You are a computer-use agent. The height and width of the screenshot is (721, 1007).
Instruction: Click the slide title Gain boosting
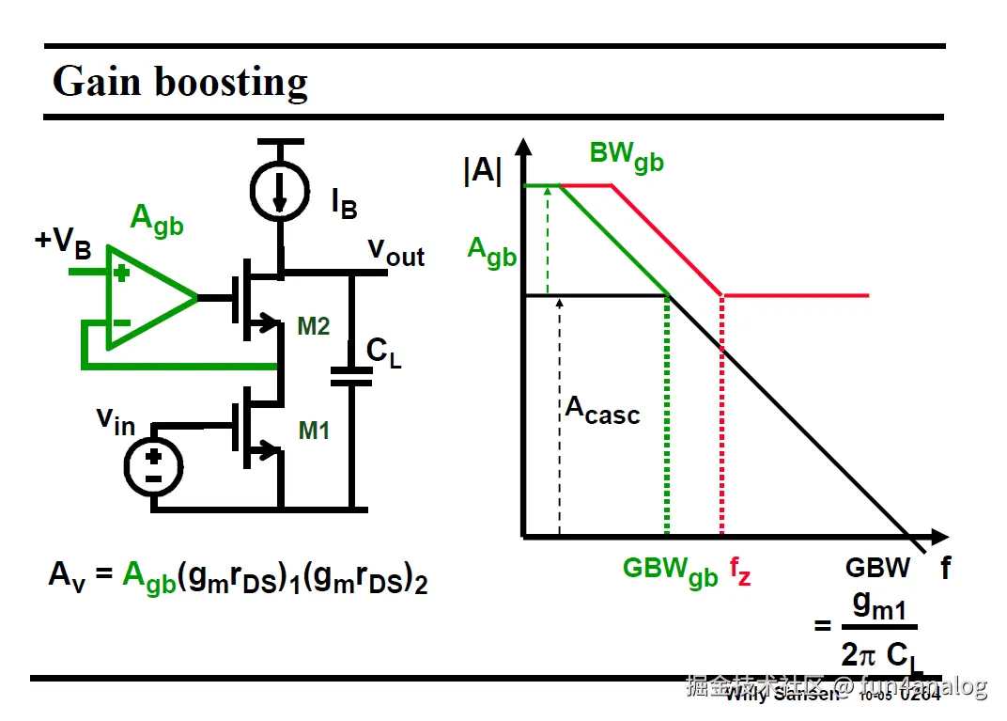(x=179, y=82)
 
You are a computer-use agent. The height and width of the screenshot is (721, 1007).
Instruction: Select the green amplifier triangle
(x=146, y=298)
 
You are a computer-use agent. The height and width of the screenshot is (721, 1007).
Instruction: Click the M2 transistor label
(x=314, y=326)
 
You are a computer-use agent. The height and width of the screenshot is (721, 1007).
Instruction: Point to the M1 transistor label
(x=314, y=431)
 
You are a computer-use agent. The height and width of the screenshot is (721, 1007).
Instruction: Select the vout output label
(x=395, y=251)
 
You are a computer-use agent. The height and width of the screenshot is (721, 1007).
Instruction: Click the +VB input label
(x=63, y=242)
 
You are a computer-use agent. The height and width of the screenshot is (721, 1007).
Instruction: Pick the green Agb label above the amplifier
(x=156, y=220)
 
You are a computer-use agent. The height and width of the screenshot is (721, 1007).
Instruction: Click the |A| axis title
(x=483, y=173)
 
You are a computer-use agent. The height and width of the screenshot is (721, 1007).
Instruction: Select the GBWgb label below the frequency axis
(x=670, y=571)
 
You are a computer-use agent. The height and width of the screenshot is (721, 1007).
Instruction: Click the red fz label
(x=740, y=572)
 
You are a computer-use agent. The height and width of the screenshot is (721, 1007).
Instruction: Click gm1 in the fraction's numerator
(x=879, y=607)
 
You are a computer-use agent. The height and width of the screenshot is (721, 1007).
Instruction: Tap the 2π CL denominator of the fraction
(x=881, y=652)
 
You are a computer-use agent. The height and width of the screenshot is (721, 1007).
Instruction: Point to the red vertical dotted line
(x=721, y=423)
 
